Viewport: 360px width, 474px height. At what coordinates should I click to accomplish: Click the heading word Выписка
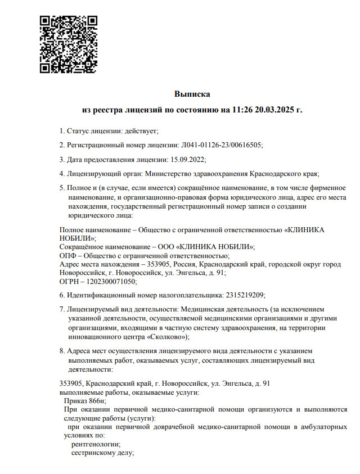(192, 93)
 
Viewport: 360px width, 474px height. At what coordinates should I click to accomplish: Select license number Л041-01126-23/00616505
(222, 145)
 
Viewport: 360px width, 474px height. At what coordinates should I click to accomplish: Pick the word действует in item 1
(142, 130)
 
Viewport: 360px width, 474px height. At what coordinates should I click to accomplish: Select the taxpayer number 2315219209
(245, 295)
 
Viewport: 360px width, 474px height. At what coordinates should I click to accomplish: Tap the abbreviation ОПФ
(67, 255)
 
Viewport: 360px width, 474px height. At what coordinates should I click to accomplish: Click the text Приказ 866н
(85, 401)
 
